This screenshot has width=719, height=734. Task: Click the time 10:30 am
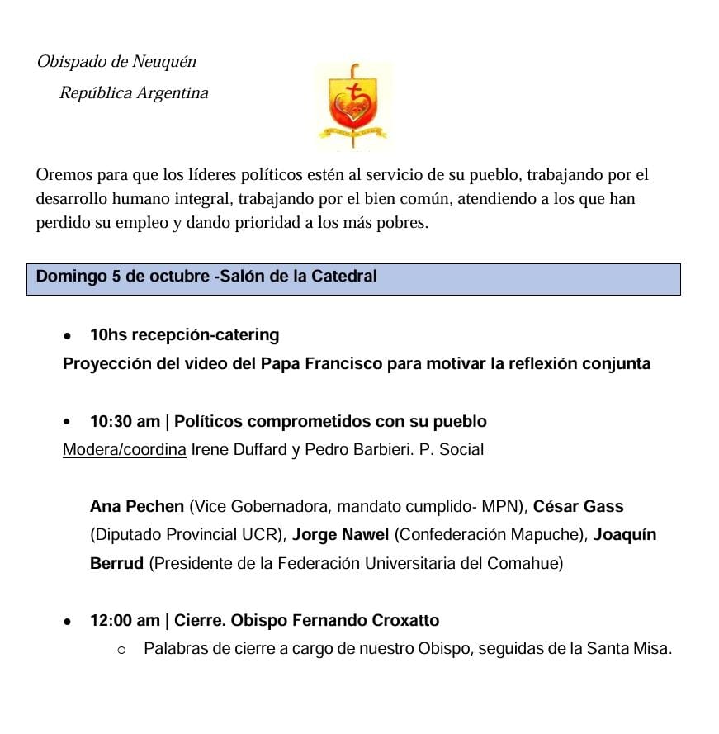click(x=125, y=422)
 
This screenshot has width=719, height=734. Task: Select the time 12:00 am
click(x=125, y=620)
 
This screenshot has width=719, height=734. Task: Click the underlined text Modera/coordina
click(x=124, y=450)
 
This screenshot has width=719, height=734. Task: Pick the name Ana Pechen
click(x=137, y=506)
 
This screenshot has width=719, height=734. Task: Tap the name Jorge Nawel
click(x=340, y=535)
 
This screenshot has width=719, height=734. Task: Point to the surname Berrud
click(x=117, y=564)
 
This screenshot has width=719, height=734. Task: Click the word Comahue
click(x=525, y=564)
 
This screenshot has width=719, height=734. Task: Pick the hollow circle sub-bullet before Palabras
click(x=121, y=650)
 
